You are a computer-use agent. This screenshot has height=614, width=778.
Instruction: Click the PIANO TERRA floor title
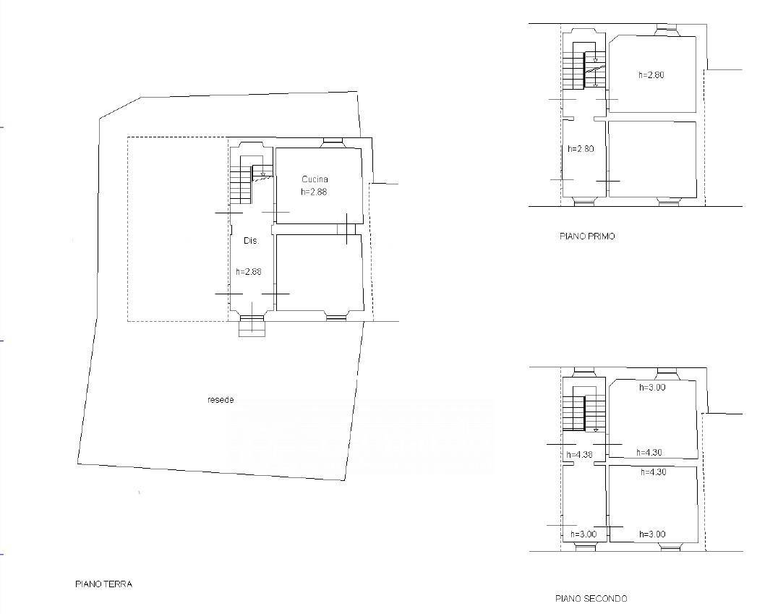click(103, 584)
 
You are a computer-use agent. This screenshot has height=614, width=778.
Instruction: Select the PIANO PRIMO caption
click(587, 236)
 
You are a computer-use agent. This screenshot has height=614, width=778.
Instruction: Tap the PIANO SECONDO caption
click(591, 599)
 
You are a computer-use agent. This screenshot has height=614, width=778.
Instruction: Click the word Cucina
click(315, 179)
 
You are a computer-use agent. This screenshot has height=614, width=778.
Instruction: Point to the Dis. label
click(252, 241)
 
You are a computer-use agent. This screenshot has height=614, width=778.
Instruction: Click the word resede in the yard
click(221, 400)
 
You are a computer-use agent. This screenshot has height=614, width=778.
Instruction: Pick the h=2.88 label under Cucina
click(314, 192)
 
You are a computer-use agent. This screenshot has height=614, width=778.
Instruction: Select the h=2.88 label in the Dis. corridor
click(249, 271)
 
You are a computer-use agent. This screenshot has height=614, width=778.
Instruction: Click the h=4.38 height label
click(580, 454)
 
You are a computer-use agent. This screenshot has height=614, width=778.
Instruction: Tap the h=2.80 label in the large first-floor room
click(651, 75)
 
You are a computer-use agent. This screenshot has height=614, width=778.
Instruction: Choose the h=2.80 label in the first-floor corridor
click(581, 148)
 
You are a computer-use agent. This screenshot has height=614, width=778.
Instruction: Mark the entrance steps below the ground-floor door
click(252, 329)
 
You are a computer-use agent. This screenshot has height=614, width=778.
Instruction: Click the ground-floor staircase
click(251, 179)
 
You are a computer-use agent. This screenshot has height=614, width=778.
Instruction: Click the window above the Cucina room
click(333, 143)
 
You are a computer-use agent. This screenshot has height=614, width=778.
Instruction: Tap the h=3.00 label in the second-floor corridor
click(583, 534)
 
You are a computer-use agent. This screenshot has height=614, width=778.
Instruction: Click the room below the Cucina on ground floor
click(320, 273)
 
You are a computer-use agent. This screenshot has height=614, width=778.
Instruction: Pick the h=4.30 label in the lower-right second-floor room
click(654, 472)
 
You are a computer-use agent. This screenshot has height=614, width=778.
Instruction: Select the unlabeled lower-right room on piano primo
click(652, 159)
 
